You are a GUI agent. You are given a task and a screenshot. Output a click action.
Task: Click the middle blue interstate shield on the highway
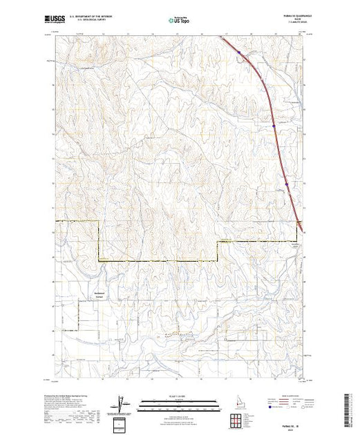[274, 126]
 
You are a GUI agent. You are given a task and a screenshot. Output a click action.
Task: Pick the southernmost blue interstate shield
[299, 222]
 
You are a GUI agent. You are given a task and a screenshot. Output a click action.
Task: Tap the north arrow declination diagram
[123, 402]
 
